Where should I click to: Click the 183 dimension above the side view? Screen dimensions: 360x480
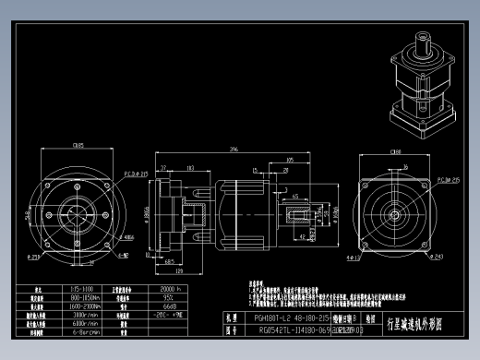pyautogui.click(x=191, y=168)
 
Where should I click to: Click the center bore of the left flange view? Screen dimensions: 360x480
pyautogui.click(x=77, y=211)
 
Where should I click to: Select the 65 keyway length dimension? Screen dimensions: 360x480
pyautogui.click(x=294, y=197)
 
